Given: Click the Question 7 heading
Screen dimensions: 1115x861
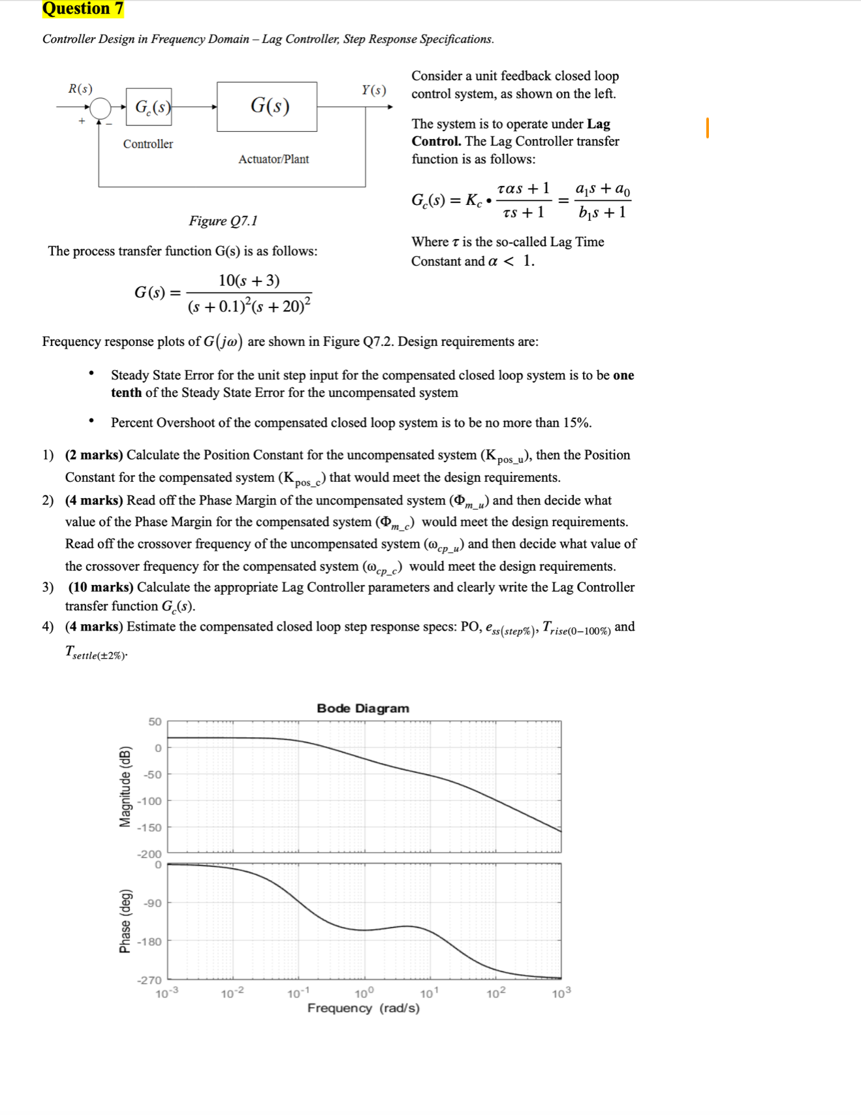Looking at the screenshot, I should pyautogui.click(x=82, y=8).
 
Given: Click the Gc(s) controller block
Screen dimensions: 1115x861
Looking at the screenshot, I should pyautogui.click(x=149, y=106).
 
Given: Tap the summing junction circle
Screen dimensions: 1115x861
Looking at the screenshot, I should pyautogui.click(x=100, y=108).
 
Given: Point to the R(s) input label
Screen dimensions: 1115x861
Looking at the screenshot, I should pyautogui.click(x=80, y=89).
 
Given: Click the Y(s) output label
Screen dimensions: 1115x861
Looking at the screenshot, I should pyautogui.click(x=374, y=90).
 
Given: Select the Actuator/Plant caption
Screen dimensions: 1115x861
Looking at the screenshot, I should pyautogui.click(x=274, y=159).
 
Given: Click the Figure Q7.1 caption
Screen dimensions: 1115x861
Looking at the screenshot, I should pyautogui.click(x=223, y=221).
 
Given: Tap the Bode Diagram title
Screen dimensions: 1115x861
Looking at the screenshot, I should pyautogui.click(x=363, y=708).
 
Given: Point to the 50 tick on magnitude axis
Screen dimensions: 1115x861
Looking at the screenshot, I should pyautogui.click(x=155, y=721).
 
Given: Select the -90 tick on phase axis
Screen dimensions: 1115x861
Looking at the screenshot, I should pyautogui.click(x=153, y=903).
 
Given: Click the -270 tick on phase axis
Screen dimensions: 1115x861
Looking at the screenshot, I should pyautogui.click(x=149, y=980).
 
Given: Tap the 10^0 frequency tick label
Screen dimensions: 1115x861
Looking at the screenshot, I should pyautogui.click(x=364, y=994).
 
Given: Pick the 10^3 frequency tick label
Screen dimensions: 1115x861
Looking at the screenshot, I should pyautogui.click(x=561, y=994).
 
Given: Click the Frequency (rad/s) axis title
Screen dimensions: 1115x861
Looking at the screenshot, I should pyautogui.click(x=363, y=1008).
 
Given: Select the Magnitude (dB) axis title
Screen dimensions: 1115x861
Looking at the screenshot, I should pyautogui.click(x=125, y=787).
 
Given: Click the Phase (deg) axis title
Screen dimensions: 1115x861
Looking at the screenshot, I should pyautogui.click(x=125, y=921).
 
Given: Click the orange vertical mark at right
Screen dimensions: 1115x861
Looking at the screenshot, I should pyautogui.click(x=707, y=128).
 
